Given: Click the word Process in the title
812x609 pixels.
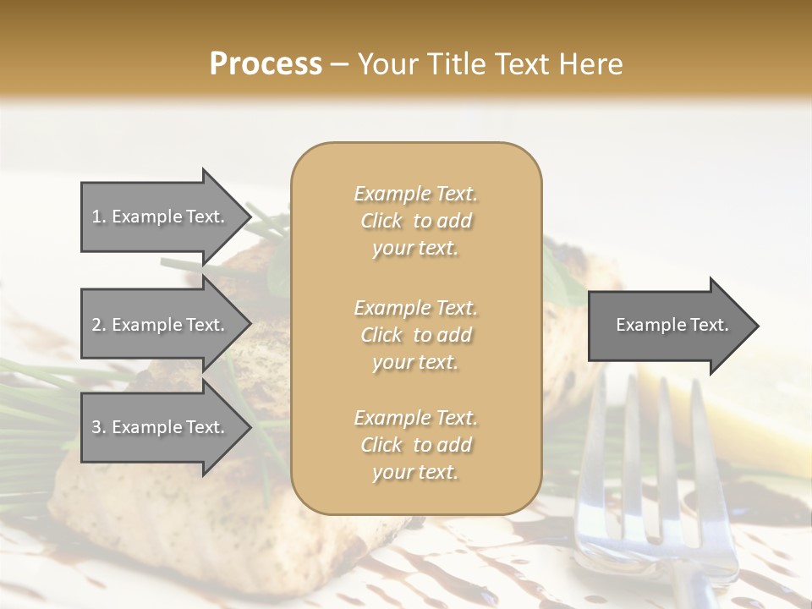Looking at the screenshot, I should click(266, 64).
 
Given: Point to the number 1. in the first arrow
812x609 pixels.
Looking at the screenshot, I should click(98, 217).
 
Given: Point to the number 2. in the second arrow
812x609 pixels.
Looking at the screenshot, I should click(98, 325).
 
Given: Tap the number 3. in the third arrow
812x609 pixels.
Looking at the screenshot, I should click(98, 427).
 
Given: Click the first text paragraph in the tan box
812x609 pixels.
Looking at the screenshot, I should click(415, 221).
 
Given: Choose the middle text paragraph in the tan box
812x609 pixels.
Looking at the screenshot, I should click(415, 335).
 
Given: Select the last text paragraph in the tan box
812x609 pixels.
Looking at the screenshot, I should click(415, 445).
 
